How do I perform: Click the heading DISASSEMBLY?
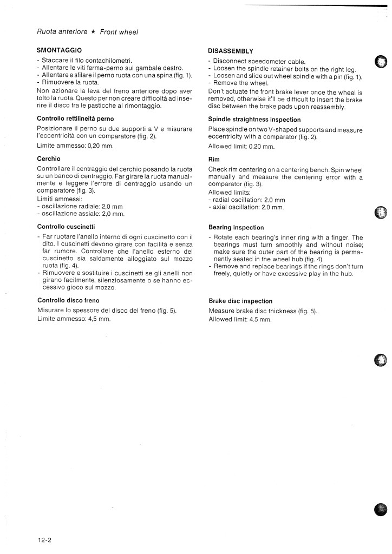pos(231,51)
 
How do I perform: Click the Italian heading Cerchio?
pos(49,159)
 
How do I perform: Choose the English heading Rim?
pos(213,160)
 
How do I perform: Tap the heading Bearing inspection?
pos(236,228)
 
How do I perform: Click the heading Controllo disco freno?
pos(68,300)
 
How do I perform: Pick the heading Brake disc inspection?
pos(240,301)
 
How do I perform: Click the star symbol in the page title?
pos(93,32)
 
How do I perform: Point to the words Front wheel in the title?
pos(120,32)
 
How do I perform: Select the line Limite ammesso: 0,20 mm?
pos(75,147)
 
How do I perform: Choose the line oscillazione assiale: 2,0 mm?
pos(82,214)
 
